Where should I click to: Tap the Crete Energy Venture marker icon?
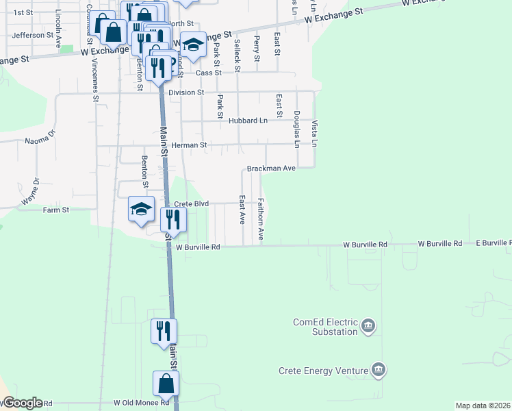click(x=378, y=371)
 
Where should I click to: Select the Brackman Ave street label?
click(x=271, y=168)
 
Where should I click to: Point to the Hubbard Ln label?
click(x=248, y=121)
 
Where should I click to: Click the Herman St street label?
click(x=189, y=145)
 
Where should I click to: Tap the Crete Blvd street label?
click(x=190, y=204)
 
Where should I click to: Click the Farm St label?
click(x=56, y=210)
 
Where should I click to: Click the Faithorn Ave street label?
click(x=261, y=219)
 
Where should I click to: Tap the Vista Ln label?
click(x=315, y=134)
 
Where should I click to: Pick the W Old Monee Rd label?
click(x=141, y=403)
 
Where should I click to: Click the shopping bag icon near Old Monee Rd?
click(x=166, y=384)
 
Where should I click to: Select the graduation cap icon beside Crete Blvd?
click(x=142, y=208)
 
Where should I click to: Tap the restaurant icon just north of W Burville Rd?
click(x=173, y=219)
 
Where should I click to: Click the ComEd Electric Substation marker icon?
click(x=368, y=325)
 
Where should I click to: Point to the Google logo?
click(x=22, y=403)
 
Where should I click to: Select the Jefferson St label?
click(x=33, y=35)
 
